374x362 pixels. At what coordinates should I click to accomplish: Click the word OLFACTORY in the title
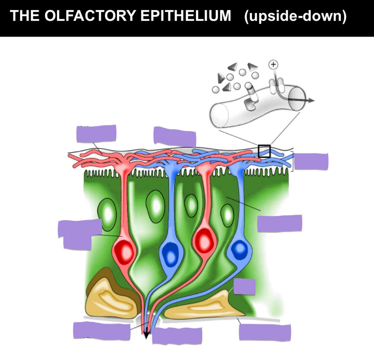point(90,16)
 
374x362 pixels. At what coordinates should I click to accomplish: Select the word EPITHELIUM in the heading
point(186,16)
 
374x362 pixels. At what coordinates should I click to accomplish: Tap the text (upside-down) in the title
point(295,16)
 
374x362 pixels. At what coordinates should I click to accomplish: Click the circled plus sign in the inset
point(273,65)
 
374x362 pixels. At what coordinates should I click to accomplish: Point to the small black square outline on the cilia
point(264,151)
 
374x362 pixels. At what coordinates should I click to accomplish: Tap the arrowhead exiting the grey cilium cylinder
point(311,100)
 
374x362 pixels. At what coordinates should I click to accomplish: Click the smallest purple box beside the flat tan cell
point(244,287)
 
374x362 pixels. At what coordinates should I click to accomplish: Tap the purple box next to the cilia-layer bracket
point(311,162)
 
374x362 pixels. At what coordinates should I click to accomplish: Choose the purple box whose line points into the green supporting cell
point(280,223)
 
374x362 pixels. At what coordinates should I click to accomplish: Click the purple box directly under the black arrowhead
point(177,336)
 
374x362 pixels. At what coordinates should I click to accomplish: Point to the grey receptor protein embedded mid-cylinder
point(250,101)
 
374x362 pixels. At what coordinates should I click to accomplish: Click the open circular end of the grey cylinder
point(297,98)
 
